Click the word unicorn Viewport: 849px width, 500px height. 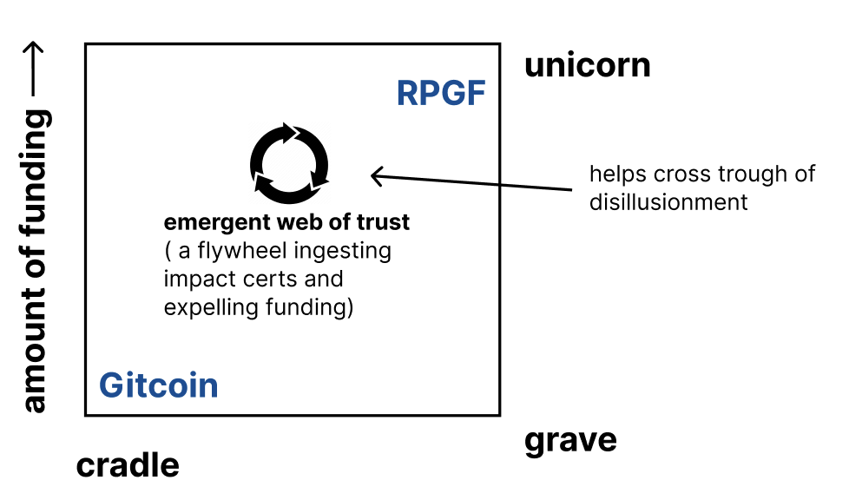(x=587, y=65)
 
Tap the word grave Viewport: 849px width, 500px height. (x=570, y=440)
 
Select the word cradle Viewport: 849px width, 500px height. (x=128, y=466)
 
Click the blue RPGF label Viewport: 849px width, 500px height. (x=440, y=93)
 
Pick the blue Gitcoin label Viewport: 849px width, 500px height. (x=158, y=385)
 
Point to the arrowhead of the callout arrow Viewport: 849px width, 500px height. (x=375, y=176)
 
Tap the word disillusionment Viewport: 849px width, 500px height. (x=668, y=202)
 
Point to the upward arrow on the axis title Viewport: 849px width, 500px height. (x=34, y=70)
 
